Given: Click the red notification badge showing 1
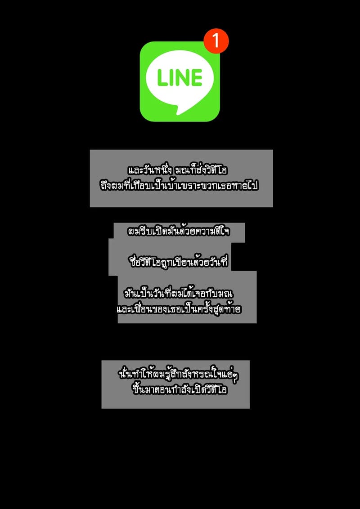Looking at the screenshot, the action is click(216, 41).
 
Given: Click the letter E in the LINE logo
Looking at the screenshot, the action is click(197, 78).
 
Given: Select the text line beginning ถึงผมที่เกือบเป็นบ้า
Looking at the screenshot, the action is click(180, 187).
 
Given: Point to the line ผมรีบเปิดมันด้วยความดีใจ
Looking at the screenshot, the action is click(178, 231).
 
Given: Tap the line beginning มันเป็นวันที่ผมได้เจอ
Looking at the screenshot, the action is click(179, 294).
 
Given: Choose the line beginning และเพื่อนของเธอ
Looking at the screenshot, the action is click(179, 309).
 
